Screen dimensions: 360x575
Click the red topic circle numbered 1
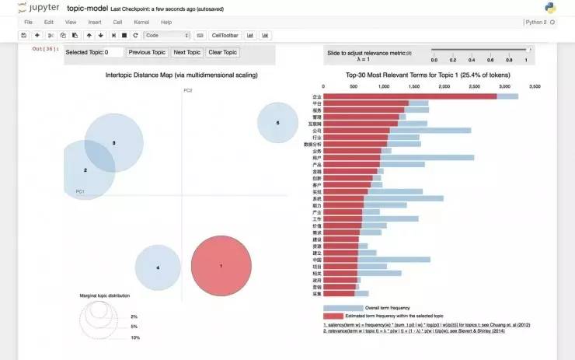[221, 267]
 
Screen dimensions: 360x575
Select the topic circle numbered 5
[277, 123]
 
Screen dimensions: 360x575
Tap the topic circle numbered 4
[158, 267]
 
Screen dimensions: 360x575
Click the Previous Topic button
[147, 52]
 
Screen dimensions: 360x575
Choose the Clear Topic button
[222, 52]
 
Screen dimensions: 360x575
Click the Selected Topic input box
[113, 52]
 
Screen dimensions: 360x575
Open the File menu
[28, 23]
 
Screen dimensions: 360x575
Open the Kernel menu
[141, 23]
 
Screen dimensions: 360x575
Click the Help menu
[166, 23]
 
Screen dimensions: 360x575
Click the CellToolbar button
[226, 35]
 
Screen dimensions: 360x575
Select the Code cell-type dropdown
[167, 35]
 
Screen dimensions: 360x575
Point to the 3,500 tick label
[534, 86]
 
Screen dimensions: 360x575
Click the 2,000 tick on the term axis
[443, 86]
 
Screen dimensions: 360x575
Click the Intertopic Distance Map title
[181, 75]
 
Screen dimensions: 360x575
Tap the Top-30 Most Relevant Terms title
[426, 75]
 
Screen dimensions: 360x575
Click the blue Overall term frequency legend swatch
[343, 308]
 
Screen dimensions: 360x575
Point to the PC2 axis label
[187, 91]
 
